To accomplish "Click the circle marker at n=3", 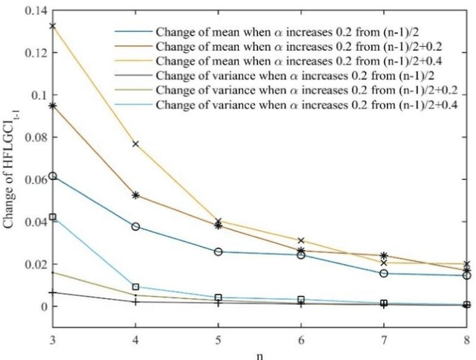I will [53, 176].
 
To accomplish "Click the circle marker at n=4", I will [135, 226].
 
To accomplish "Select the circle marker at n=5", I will [218, 252].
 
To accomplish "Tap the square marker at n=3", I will [53, 217].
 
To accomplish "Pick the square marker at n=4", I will [135, 286].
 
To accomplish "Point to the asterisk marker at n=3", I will [53, 106].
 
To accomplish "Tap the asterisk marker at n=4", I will [135, 195].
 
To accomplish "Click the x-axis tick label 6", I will [300, 340].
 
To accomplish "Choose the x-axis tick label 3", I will [53, 340].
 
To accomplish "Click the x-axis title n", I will [260, 355].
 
